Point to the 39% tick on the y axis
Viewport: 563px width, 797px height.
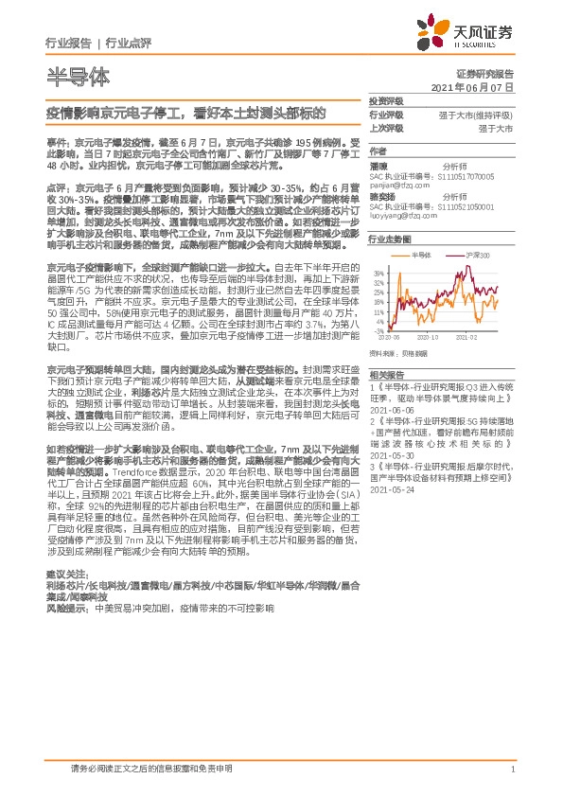click(379, 273)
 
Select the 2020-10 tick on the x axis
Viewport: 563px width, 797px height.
click(428, 336)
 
